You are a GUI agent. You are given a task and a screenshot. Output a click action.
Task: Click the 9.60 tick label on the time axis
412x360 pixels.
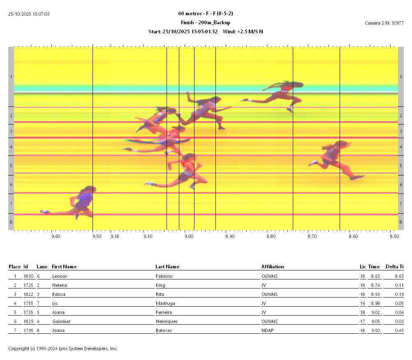pyautogui.click(x=56, y=236)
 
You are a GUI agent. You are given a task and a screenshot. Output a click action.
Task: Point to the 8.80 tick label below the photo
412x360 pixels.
pyautogui.click(x=271, y=236)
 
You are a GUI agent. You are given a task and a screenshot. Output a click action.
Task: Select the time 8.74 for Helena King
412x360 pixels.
pyautogui.click(x=374, y=285)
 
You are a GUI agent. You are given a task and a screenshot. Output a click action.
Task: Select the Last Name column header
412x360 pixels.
pyautogui.click(x=167, y=267)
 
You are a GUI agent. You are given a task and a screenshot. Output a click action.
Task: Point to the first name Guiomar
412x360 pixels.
pyautogui.click(x=61, y=321)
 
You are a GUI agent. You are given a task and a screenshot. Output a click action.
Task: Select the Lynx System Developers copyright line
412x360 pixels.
pyautogui.click(x=63, y=348)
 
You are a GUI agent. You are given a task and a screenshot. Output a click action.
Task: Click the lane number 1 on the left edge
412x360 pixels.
pyautogui.click(x=11, y=77)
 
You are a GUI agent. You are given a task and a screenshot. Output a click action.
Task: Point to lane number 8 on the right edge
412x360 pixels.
pyautogui.click(x=401, y=222)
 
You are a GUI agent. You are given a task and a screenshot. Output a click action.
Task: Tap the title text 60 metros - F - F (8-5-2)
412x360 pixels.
pyautogui.click(x=206, y=14)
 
